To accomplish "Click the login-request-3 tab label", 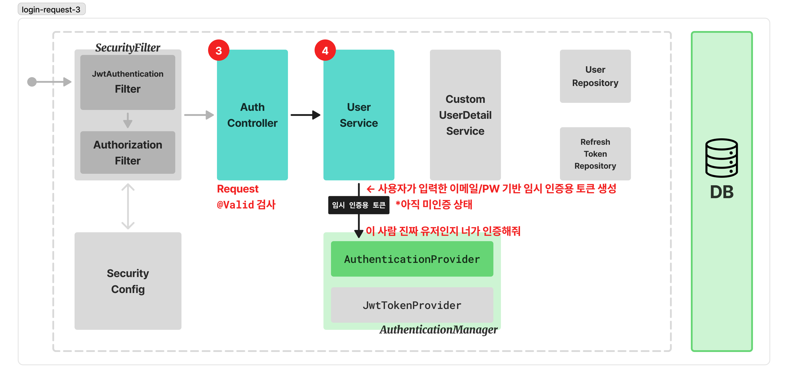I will pos(51,10).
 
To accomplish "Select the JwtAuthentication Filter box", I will pos(128,82).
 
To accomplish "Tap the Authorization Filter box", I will pos(128,152).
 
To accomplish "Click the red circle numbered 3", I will pos(219,51).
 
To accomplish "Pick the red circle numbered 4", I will pos(325,51).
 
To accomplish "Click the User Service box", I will pos(359,115).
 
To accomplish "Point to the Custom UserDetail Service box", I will pos(465,115).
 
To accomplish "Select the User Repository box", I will pos(595,76).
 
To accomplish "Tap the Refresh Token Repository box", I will pos(595,154).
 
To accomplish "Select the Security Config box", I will pos(128,281).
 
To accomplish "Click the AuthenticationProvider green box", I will pos(412,259).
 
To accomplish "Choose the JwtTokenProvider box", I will pos(412,305).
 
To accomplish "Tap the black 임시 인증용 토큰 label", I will pos(359,205).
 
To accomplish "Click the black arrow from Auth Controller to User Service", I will pos(305,115).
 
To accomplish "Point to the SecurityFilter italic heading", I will pos(128,48).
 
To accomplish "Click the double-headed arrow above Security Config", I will pos(128,206).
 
